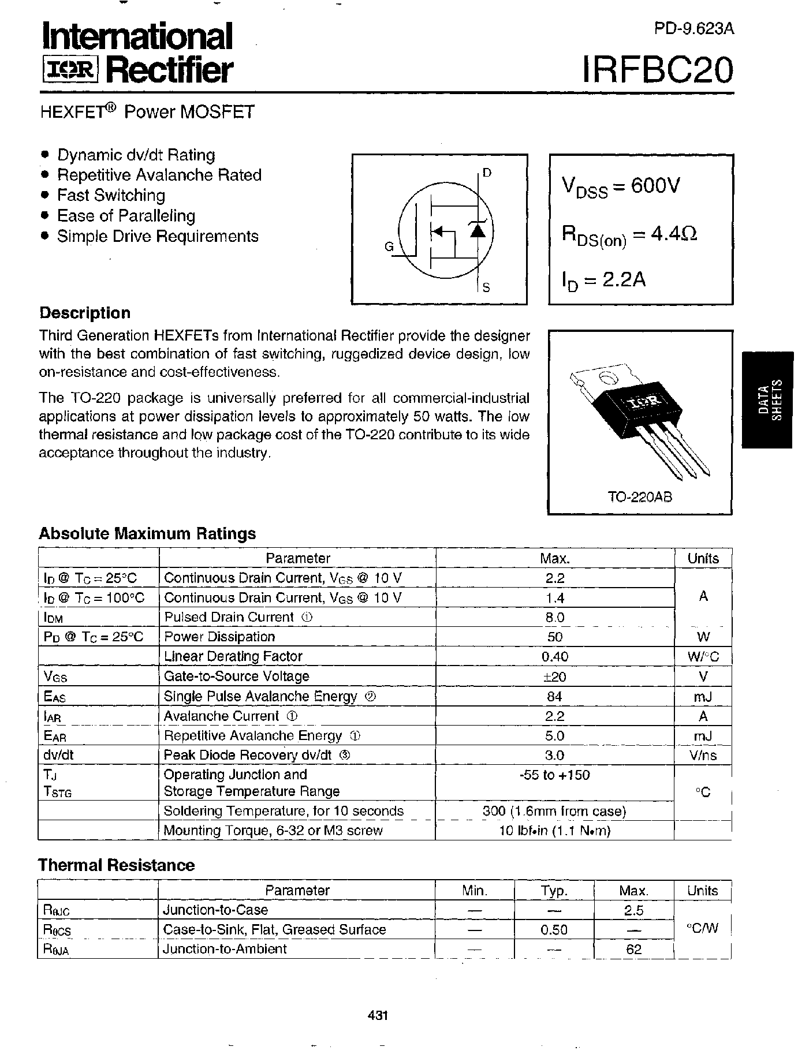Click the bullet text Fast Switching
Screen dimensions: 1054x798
[111, 196]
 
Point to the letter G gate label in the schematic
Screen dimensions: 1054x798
[389, 247]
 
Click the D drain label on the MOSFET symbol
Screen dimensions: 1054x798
[487, 173]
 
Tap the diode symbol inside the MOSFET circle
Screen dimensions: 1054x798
[477, 230]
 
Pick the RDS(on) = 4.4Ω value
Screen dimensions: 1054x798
[629, 234]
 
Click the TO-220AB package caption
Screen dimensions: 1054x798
[640, 497]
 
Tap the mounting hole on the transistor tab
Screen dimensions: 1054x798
[606, 379]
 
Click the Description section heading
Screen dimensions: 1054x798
[85, 313]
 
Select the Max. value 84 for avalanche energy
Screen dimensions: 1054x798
[554, 697]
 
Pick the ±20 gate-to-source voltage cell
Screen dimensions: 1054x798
[554, 676]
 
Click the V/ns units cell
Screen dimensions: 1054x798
[703, 756]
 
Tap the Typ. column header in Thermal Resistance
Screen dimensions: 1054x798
[554, 891]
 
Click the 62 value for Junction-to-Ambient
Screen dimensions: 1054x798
[633, 950]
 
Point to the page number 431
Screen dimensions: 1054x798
[377, 1015]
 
